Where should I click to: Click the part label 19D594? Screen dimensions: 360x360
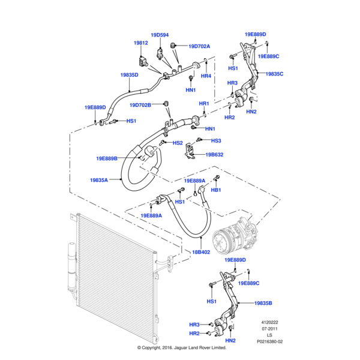160,35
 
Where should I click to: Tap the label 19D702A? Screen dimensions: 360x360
199,46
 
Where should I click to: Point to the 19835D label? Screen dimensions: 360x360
129,75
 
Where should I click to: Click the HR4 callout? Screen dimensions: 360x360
206,76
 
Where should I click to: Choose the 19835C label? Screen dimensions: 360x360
274,74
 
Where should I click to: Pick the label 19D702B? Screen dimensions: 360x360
140,105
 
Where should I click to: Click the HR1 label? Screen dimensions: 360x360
203,104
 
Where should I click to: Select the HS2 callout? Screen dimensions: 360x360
178,143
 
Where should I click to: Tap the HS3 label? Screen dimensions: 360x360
217,140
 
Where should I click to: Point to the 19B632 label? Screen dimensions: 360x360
214,154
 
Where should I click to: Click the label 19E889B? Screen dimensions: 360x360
107,158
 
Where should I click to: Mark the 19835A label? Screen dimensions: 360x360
99,180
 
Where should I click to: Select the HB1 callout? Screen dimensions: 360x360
217,190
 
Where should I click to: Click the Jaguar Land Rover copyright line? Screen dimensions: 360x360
180,347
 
